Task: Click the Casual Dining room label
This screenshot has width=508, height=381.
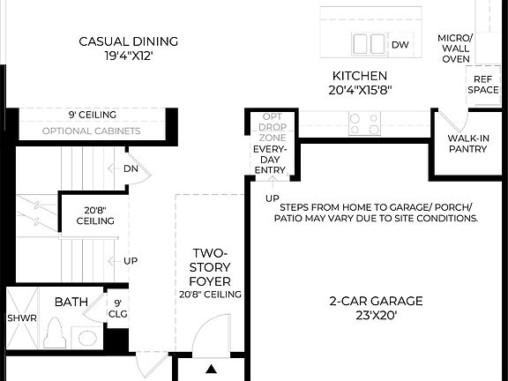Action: click(129, 41)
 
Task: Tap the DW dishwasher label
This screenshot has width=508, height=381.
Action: click(400, 44)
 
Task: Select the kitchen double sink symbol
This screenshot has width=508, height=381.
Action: click(369, 44)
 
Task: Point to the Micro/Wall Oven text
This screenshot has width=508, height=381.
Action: click(456, 49)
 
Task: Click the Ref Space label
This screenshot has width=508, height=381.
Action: click(482, 84)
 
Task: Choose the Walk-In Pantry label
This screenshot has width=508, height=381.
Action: click(467, 143)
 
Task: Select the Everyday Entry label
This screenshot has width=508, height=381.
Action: click(270, 160)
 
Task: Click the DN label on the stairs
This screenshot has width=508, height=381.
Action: click(131, 168)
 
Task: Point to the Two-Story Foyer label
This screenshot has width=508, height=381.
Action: click(211, 267)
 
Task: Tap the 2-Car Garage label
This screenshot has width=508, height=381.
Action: click(376, 302)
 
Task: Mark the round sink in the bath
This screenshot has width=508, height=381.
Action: click(86, 337)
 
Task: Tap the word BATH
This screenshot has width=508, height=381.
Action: click(71, 302)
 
